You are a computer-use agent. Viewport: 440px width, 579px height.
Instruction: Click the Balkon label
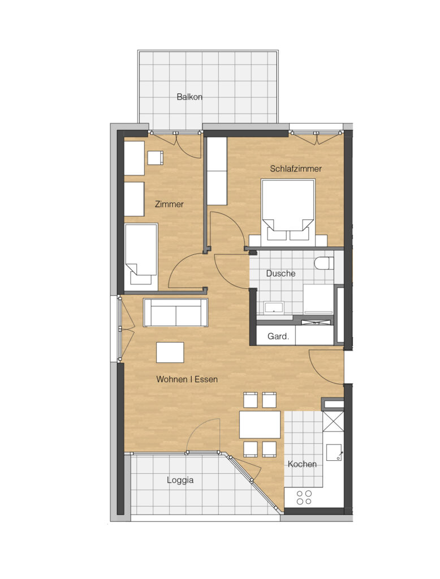189,97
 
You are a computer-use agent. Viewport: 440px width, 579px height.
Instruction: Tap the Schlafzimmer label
296,168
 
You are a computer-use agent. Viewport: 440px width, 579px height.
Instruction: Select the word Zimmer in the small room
169,204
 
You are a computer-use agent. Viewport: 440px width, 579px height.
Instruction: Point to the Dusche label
281,274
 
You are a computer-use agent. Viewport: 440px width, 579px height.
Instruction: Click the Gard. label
278,336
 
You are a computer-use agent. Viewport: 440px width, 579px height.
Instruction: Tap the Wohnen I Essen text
187,379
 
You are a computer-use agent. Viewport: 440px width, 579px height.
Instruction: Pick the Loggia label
180,480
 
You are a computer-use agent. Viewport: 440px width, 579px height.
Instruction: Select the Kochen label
302,464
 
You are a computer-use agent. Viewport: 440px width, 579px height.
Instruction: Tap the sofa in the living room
175,312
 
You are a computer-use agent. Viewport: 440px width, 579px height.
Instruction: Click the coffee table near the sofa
170,352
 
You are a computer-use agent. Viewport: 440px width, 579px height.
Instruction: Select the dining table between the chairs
260,424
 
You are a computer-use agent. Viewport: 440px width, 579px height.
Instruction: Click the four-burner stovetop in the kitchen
304,498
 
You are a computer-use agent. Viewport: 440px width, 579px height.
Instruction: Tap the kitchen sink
335,453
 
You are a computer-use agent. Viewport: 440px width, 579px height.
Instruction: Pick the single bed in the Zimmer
141,255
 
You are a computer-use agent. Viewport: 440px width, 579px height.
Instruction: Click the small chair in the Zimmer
156,158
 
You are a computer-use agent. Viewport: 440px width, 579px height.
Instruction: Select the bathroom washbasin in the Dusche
274,307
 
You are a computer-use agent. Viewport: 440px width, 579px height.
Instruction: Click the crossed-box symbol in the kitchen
333,421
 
